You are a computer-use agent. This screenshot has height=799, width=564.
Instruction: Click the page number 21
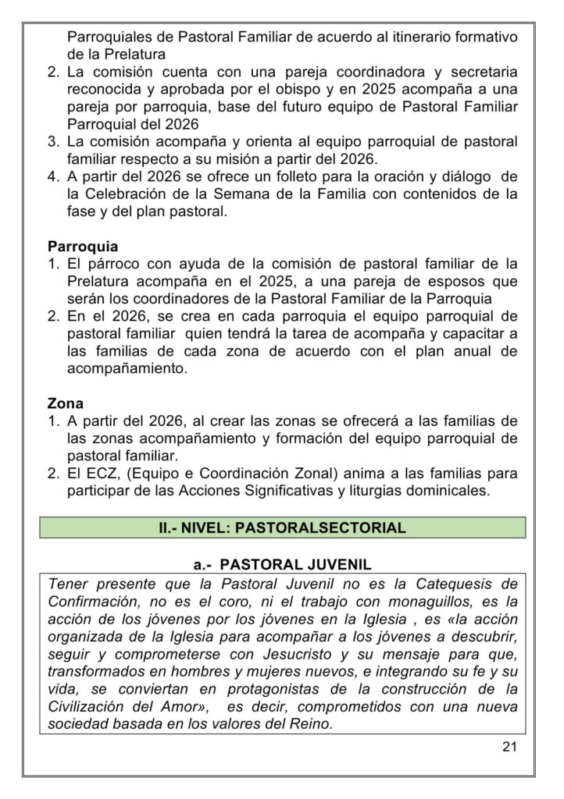coord(509,747)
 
